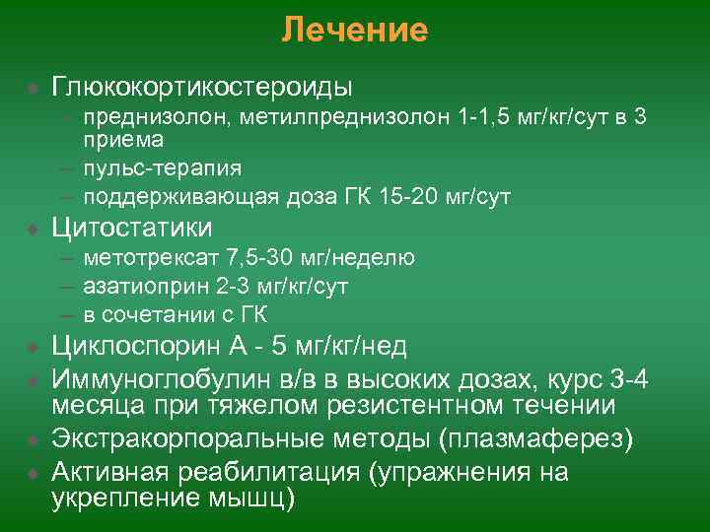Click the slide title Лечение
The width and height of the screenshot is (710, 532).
click(354, 31)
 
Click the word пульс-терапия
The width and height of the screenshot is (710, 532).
click(163, 167)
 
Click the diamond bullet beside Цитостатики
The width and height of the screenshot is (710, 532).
click(34, 229)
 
